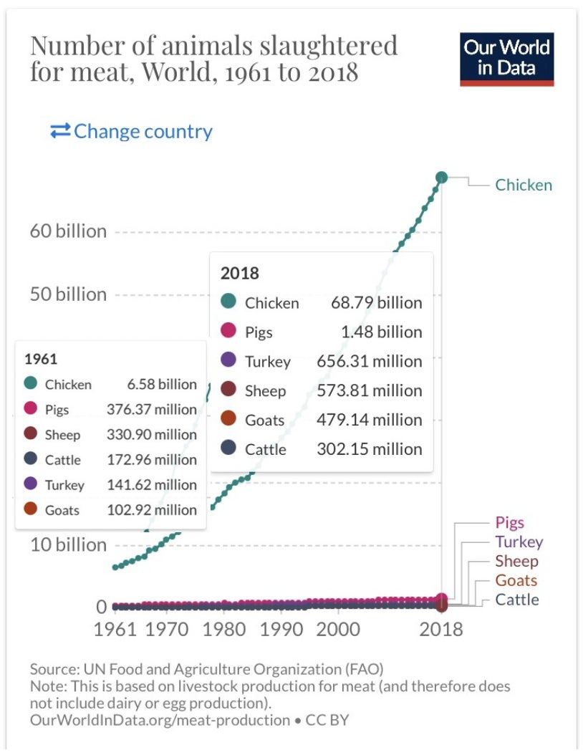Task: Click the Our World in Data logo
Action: coord(506,59)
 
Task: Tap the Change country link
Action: coord(132,132)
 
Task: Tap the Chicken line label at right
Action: coord(524,185)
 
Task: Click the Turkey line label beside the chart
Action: coord(519,542)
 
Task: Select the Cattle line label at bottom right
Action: coord(516,600)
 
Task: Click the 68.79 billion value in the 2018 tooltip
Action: coord(376,302)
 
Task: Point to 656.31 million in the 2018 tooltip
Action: coord(370,361)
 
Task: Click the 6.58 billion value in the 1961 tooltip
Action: coord(162,384)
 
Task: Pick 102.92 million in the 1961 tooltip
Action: coord(152,510)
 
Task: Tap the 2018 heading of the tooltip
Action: coord(239,273)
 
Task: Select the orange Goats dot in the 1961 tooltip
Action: coord(31,510)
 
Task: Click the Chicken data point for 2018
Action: coord(441,177)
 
